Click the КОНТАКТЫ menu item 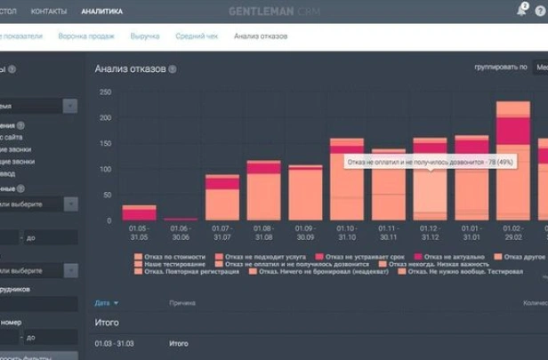[x=49, y=12]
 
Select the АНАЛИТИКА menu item [x=101, y=12]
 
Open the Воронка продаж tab [x=85, y=36]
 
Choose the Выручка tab [x=145, y=36]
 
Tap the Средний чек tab [x=196, y=36]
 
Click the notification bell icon [x=521, y=11]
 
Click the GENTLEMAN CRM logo [x=273, y=12]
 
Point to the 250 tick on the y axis [x=106, y=92]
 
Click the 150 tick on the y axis [x=106, y=143]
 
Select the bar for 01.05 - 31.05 [x=139, y=212]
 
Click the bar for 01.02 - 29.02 [x=513, y=161]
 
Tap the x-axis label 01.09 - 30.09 [x=305, y=234]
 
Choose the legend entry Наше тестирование [x=165, y=264]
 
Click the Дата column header [x=103, y=303]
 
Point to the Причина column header [x=181, y=303]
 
